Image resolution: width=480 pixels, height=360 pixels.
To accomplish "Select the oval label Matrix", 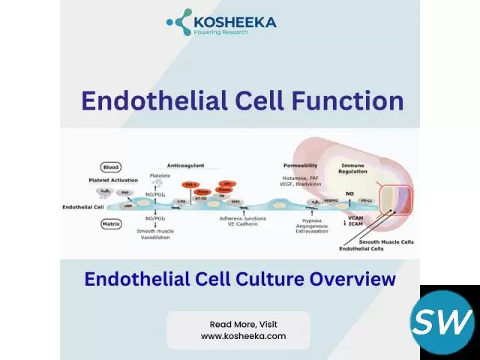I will pos(112,223).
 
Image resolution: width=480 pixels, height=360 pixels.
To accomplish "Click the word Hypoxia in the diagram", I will pos(311,217).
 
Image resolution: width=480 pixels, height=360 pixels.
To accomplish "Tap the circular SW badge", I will pos(442,323).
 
